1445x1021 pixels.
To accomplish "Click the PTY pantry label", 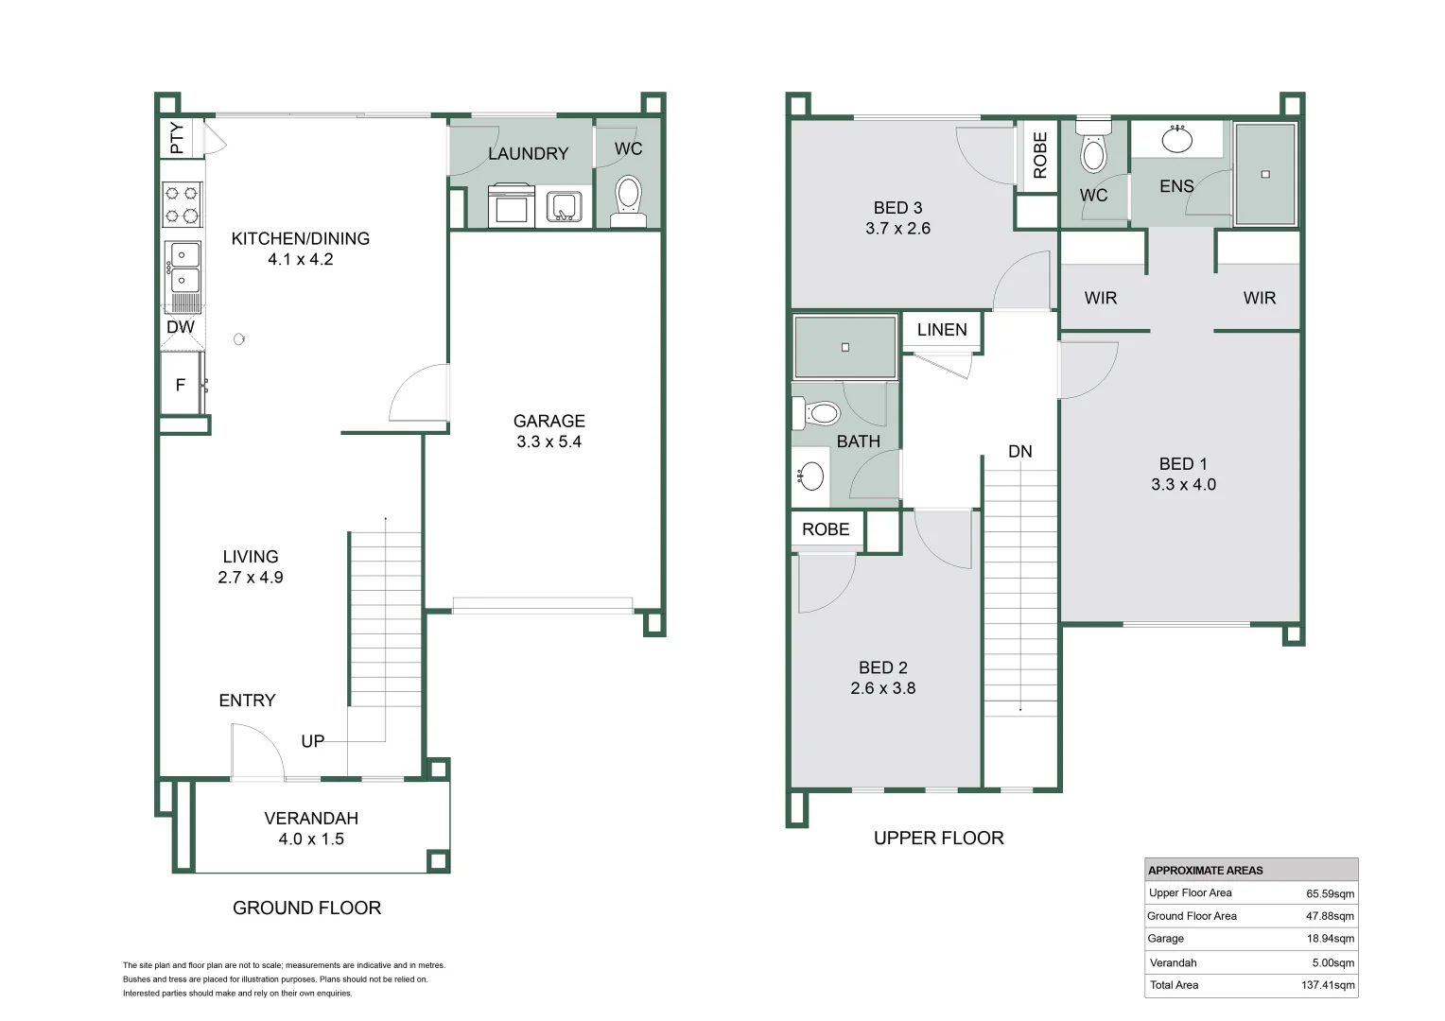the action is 176,138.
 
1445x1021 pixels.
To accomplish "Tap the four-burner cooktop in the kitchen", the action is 182,204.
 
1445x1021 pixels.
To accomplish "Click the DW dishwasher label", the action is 181,327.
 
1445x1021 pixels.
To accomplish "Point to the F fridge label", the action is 181,385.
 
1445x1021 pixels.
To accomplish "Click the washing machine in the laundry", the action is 512,206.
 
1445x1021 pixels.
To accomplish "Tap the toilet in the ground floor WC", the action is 628,200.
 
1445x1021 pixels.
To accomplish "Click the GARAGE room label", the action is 549,422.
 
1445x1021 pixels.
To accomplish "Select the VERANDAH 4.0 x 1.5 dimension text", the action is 311,839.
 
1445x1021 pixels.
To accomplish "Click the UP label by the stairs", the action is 313,741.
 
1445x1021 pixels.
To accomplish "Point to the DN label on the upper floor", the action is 1019,452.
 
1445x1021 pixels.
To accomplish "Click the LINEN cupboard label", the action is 942,330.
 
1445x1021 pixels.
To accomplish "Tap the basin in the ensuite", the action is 1176,139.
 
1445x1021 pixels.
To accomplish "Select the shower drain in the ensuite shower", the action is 1265,174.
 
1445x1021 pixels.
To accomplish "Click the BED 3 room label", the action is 898,208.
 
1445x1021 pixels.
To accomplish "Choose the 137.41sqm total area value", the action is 1328,985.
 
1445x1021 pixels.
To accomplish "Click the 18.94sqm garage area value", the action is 1331,939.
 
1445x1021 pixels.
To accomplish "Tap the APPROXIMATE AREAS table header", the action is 1206,870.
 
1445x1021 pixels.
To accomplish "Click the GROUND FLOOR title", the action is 307,909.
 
